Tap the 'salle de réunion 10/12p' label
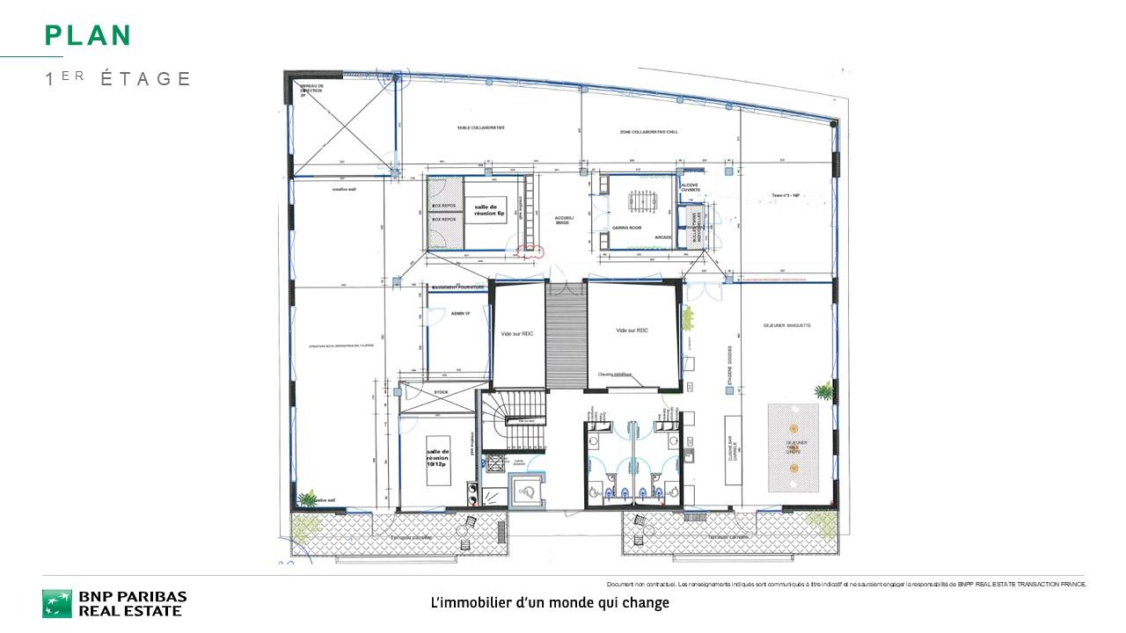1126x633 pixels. (x=438, y=457)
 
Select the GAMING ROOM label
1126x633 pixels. (x=626, y=228)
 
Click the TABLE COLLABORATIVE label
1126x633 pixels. (x=480, y=127)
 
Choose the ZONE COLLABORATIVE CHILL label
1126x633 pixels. (x=650, y=131)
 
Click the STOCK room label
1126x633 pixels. (x=441, y=392)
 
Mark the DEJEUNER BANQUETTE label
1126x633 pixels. (x=787, y=325)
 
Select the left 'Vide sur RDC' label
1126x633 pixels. (x=518, y=334)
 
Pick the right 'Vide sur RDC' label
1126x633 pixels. (x=632, y=329)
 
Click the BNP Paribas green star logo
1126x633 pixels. (x=57, y=603)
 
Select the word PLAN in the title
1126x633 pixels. (x=88, y=36)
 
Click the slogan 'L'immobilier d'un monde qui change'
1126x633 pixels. (x=550, y=603)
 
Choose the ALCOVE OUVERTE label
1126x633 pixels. (x=691, y=188)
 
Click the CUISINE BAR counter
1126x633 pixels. (x=731, y=449)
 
